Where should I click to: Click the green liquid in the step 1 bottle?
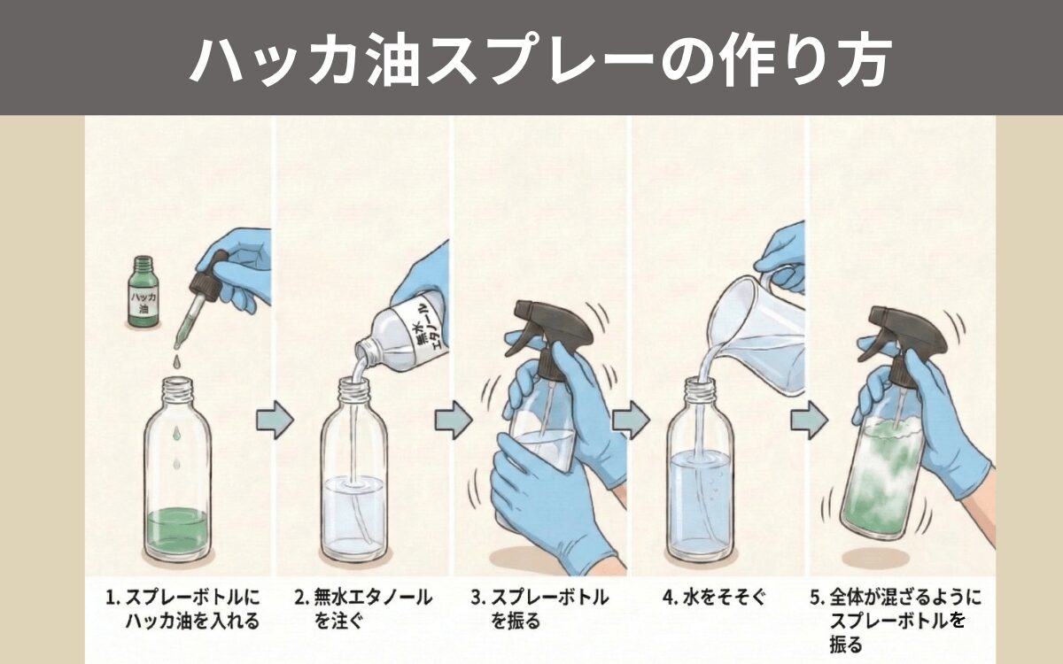click(177, 529)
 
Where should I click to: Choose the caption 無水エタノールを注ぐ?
click(362, 609)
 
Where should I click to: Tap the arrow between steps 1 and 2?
click(275, 419)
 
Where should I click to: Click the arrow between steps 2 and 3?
click(454, 421)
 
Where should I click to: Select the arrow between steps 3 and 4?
click(631, 420)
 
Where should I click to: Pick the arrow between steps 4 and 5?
click(808, 421)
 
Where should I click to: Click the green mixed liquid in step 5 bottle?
click(886, 478)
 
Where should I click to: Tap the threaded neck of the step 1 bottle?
click(177, 389)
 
